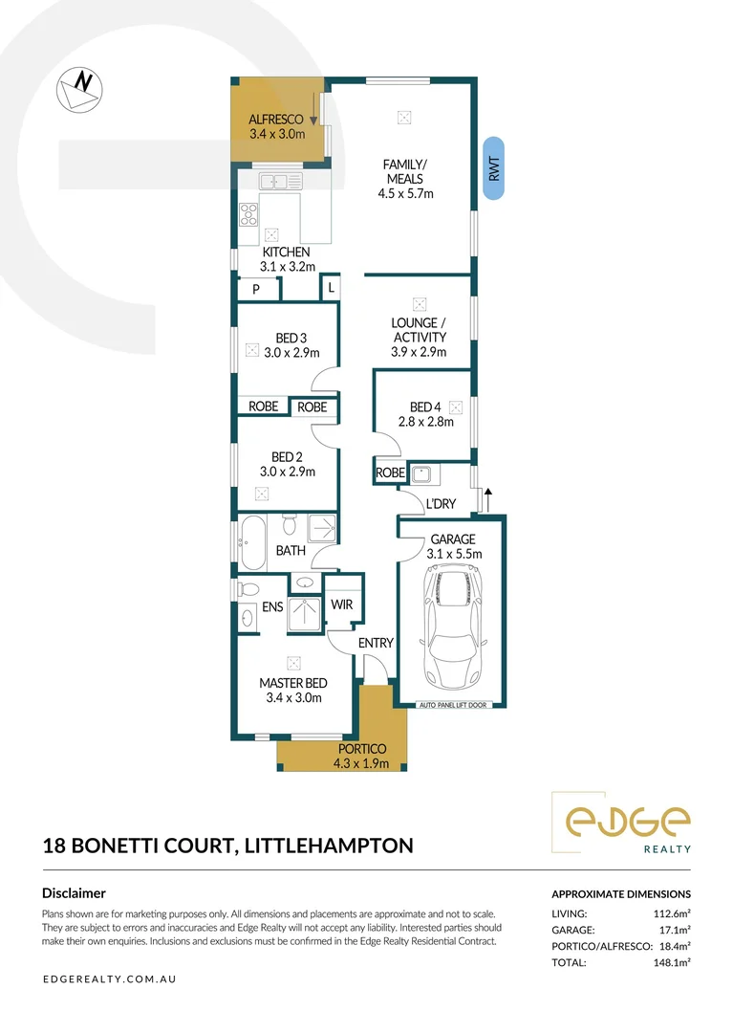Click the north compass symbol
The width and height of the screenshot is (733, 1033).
coord(78,89)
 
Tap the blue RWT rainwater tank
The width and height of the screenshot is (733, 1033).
coord(494,170)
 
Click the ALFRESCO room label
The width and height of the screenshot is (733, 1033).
coord(275,120)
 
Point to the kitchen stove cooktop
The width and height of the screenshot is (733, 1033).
coord(248,214)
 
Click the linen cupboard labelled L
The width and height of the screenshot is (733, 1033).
coord(331,287)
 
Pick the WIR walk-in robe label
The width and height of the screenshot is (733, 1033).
coord(342,604)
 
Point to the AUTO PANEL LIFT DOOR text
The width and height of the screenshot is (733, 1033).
coord(452,706)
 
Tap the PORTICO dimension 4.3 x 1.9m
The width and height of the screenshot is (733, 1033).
coord(361,763)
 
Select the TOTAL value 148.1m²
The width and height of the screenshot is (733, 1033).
coord(669,963)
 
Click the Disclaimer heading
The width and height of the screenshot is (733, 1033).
coord(75,892)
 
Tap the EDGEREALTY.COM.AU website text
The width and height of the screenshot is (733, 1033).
coord(109,979)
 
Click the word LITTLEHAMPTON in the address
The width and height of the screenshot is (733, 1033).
coord(330,846)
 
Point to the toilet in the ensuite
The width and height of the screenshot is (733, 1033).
coord(248,589)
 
